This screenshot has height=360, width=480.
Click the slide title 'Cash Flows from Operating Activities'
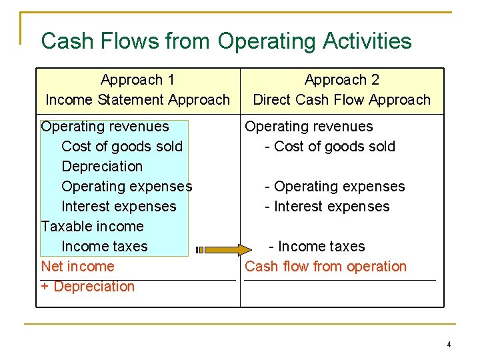(x=226, y=41)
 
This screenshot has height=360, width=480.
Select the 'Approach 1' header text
(x=137, y=80)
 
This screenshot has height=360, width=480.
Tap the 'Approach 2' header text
(x=342, y=80)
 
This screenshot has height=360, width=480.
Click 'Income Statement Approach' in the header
(x=137, y=100)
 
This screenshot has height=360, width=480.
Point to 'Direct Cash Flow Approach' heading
(x=342, y=100)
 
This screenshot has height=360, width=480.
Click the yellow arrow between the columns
(x=216, y=251)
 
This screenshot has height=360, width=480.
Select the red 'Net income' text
(x=77, y=267)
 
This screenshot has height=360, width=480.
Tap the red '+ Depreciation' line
(x=88, y=287)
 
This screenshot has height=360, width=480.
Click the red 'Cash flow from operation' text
(x=325, y=267)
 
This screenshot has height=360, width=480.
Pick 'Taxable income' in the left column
(x=92, y=227)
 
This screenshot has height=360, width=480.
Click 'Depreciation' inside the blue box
(x=102, y=167)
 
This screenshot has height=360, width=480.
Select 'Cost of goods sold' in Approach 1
(x=122, y=147)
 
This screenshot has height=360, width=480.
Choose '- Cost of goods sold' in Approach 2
(x=330, y=147)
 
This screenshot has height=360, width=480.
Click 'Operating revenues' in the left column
(x=105, y=127)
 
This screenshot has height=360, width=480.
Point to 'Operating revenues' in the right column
(x=309, y=127)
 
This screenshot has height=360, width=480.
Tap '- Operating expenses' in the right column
(x=335, y=187)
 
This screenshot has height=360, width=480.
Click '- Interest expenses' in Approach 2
(x=327, y=207)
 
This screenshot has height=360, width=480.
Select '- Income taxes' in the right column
(x=317, y=247)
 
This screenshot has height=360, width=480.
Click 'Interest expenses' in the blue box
(x=119, y=207)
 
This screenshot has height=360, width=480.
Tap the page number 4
(x=449, y=345)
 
